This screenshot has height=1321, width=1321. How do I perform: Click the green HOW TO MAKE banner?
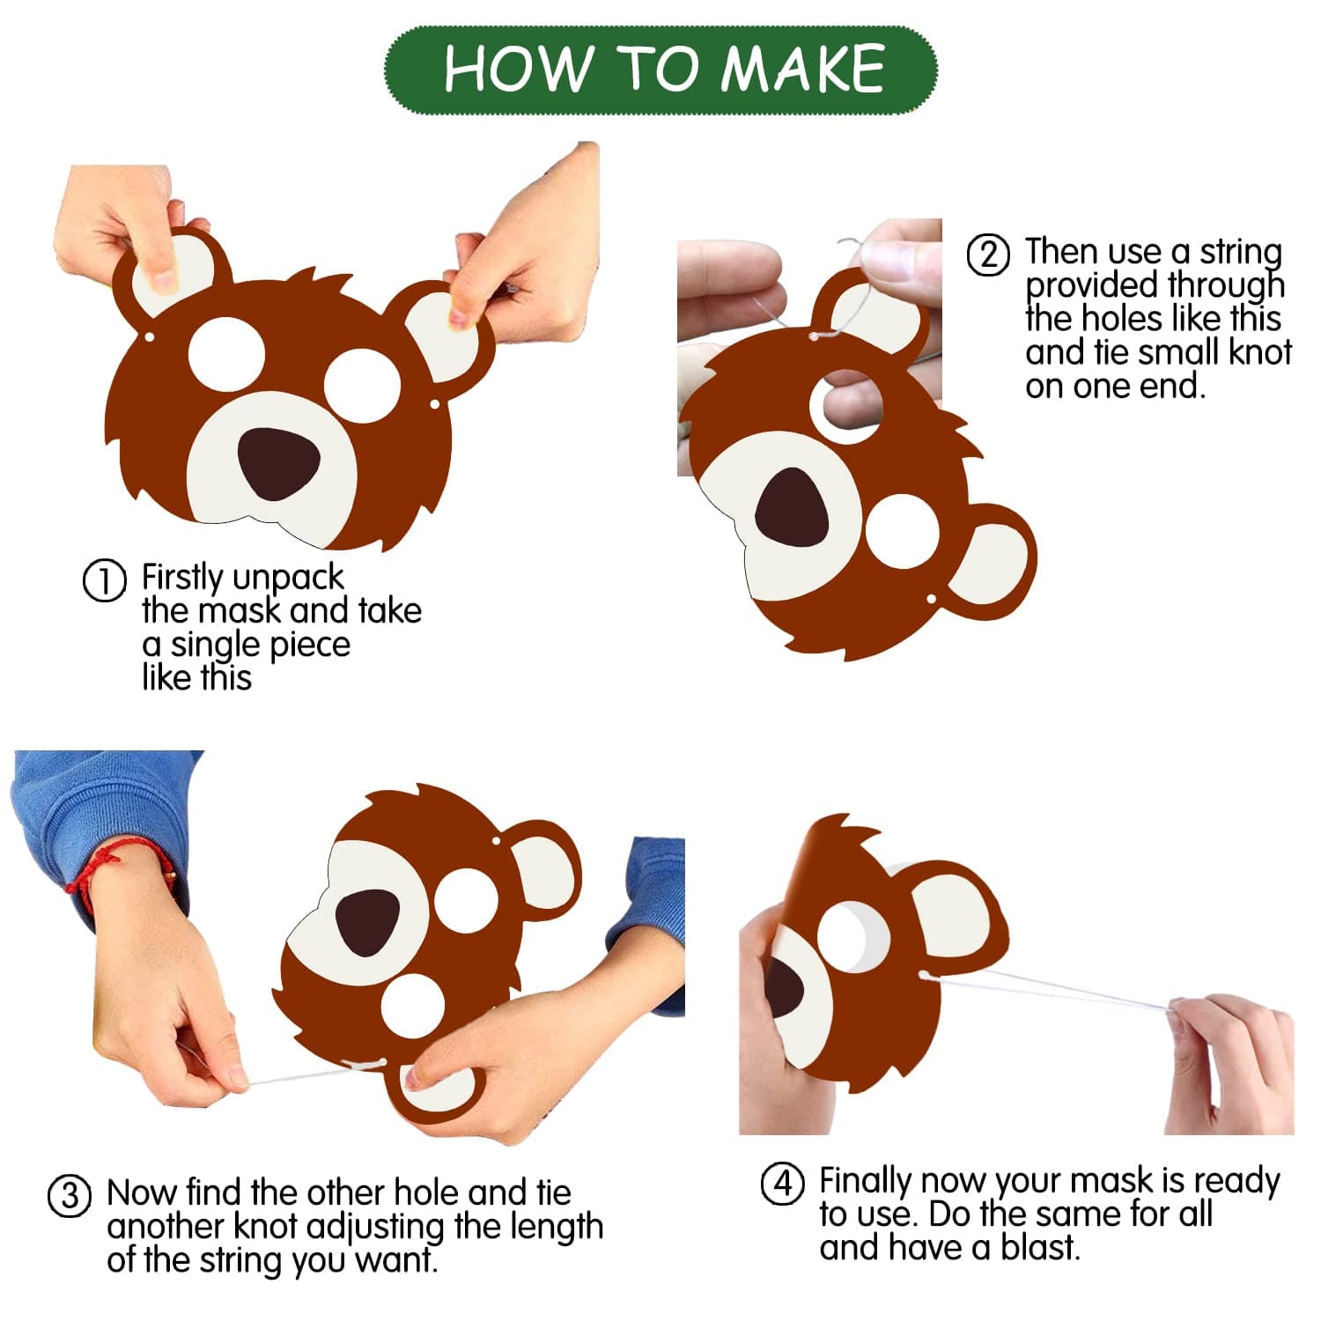[x=660, y=70]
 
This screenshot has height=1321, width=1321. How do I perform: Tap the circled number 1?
[x=104, y=581]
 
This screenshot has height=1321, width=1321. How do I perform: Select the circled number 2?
[x=988, y=254]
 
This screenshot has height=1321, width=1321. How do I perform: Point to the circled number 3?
[x=70, y=1197]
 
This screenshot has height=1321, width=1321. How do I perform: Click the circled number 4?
[x=783, y=1183]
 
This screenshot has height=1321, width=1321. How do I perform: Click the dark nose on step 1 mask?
[x=279, y=463]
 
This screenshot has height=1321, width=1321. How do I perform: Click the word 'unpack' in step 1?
[x=286, y=579]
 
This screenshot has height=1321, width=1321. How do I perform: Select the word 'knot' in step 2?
[x=1259, y=352]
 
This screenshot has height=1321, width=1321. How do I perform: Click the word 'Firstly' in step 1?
[x=181, y=579]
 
